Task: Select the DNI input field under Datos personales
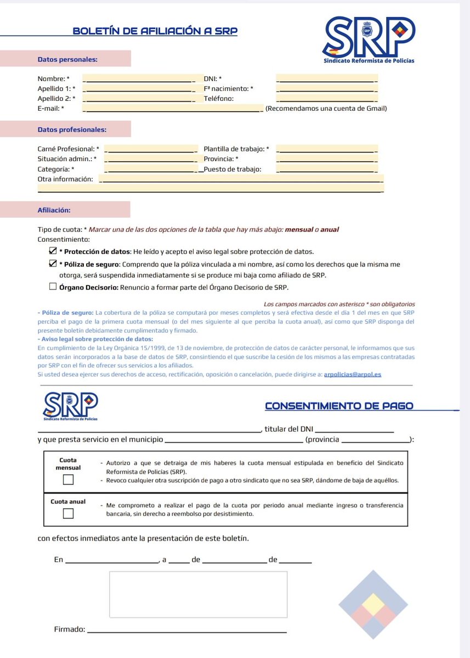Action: pos(327,78)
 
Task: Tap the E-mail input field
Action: pos(173,109)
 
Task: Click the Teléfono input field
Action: pos(327,99)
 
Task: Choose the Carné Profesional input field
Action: pos(151,149)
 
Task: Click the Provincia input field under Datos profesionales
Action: pos(327,159)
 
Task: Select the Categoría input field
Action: pos(151,169)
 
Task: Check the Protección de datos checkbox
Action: pos(53,251)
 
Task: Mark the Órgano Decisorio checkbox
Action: pos(53,286)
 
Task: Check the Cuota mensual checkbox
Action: pos(68,480)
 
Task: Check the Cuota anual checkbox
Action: pos(68,513)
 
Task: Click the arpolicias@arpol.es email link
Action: pos(352,374)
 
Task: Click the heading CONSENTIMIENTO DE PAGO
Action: pos(339,406)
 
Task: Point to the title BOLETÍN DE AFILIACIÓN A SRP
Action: pos(155,31)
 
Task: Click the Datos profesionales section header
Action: pos(72,130)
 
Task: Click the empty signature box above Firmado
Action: pos(198,594)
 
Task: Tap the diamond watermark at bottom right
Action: pos(373,604)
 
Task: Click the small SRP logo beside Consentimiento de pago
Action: pos(71,405)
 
